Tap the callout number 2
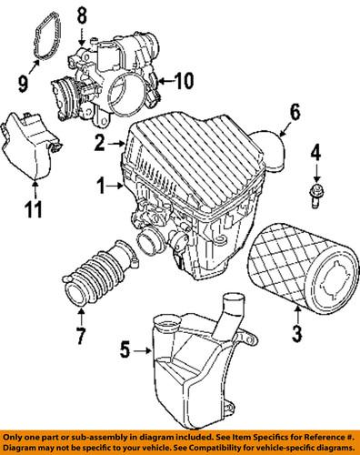[x=98, y=143]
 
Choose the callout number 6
[x=295, y=114]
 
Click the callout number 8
[x=80, y=15]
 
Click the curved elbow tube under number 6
[x=275, y=146]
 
